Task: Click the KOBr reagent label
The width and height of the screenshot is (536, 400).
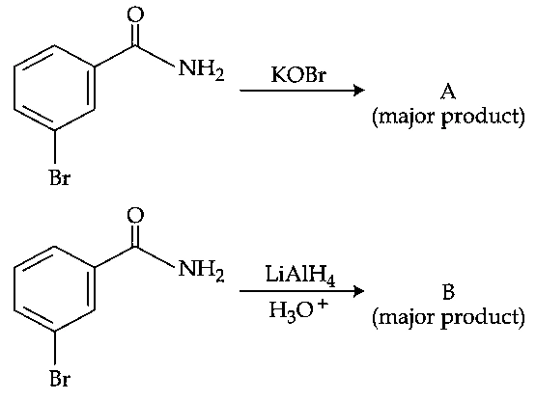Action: [x=298, y=74]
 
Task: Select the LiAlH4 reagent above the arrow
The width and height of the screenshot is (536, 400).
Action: [x=300, y=275]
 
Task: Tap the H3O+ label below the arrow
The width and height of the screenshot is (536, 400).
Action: [x=298, y=310]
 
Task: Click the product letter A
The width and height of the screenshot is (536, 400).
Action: [x=448, y=92]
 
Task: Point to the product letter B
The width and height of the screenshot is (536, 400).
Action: [x=448, y=292]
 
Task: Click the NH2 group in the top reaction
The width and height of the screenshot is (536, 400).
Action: [x=201, y=69]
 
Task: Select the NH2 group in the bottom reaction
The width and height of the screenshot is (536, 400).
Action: [x=201, y=270]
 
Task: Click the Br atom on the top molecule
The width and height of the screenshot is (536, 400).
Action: [x=60, y=177]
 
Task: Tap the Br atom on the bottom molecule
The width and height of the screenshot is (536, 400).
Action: [x=60, y=378]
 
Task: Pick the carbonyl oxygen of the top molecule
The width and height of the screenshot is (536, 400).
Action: [x=135, y=14]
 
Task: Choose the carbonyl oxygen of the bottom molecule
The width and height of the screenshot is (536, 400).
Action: [x=135, y=215]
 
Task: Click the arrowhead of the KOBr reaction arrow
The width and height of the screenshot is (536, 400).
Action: [x=359, y=90]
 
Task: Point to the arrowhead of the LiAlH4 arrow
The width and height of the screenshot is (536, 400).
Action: [x=359, y=291]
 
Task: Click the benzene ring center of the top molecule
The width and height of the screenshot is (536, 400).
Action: [x=54, y=87]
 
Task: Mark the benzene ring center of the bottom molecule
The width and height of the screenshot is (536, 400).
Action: [x=54, y=288]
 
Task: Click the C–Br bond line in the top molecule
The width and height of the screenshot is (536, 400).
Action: [x=55, y=147]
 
